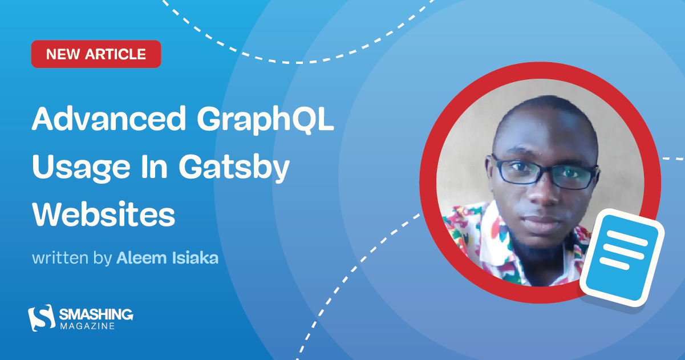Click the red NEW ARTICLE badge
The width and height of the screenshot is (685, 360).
click(96, 54)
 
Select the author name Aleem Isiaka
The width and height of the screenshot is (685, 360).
click(167, 258)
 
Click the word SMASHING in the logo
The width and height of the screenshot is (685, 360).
click(96, 313)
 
